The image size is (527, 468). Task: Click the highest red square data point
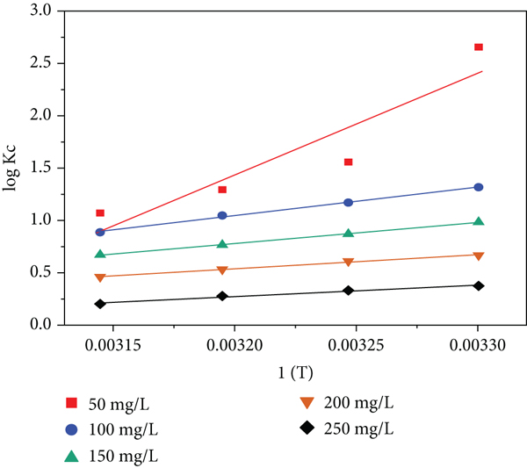(x=479, y=47)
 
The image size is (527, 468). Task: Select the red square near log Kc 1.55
(x=348, y=162)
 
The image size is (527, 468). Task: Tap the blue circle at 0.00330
(x=479, y=187)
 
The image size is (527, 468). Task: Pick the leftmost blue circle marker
(x=100, y=232)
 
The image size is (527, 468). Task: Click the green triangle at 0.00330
(x=479, y=221)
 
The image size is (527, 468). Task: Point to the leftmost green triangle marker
(x=100, y=254)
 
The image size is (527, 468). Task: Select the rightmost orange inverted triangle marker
(x=479, y=256)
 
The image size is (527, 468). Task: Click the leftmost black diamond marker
(x=100, y=304)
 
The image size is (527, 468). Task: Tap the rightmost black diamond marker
(x=479, y=286)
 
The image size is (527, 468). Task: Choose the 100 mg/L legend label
(x=123, y=430)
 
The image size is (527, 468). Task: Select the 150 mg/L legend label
(x=123, y=457)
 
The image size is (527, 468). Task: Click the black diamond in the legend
(x=307, y=428)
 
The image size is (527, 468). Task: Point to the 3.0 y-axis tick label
(x=40, y=11)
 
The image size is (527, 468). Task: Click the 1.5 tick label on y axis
(x=40, y=168)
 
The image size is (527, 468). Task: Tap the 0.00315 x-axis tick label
(x=113, y=345)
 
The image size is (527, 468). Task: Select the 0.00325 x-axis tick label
(x=356, y=345)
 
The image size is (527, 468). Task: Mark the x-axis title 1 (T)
(x=295, y=373)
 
